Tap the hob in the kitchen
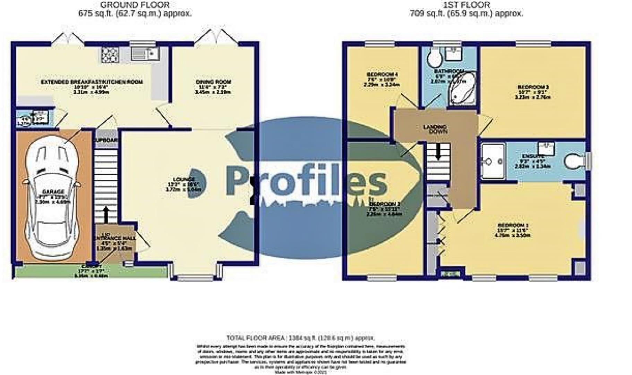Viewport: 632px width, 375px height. pyautogui.click(x=110, y=55)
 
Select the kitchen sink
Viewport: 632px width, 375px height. pyautogui.click(x=145, y=54)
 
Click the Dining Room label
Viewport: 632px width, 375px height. pyautogui.click(x=213, y=82)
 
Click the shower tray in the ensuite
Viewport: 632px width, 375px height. pyautogui.click(x=493, y=161)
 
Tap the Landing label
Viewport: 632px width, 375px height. pyautogui.click(x=435, y=127)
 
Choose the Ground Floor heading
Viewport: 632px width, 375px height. pyautogui.click(x=135, y=5)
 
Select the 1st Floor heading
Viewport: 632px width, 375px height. pyautogui.click(x=467, y=5)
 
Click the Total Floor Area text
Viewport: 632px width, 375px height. pyautogui.click(x=300, y=338)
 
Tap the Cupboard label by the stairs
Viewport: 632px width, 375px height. pyautogui.click(x=106, y=140)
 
